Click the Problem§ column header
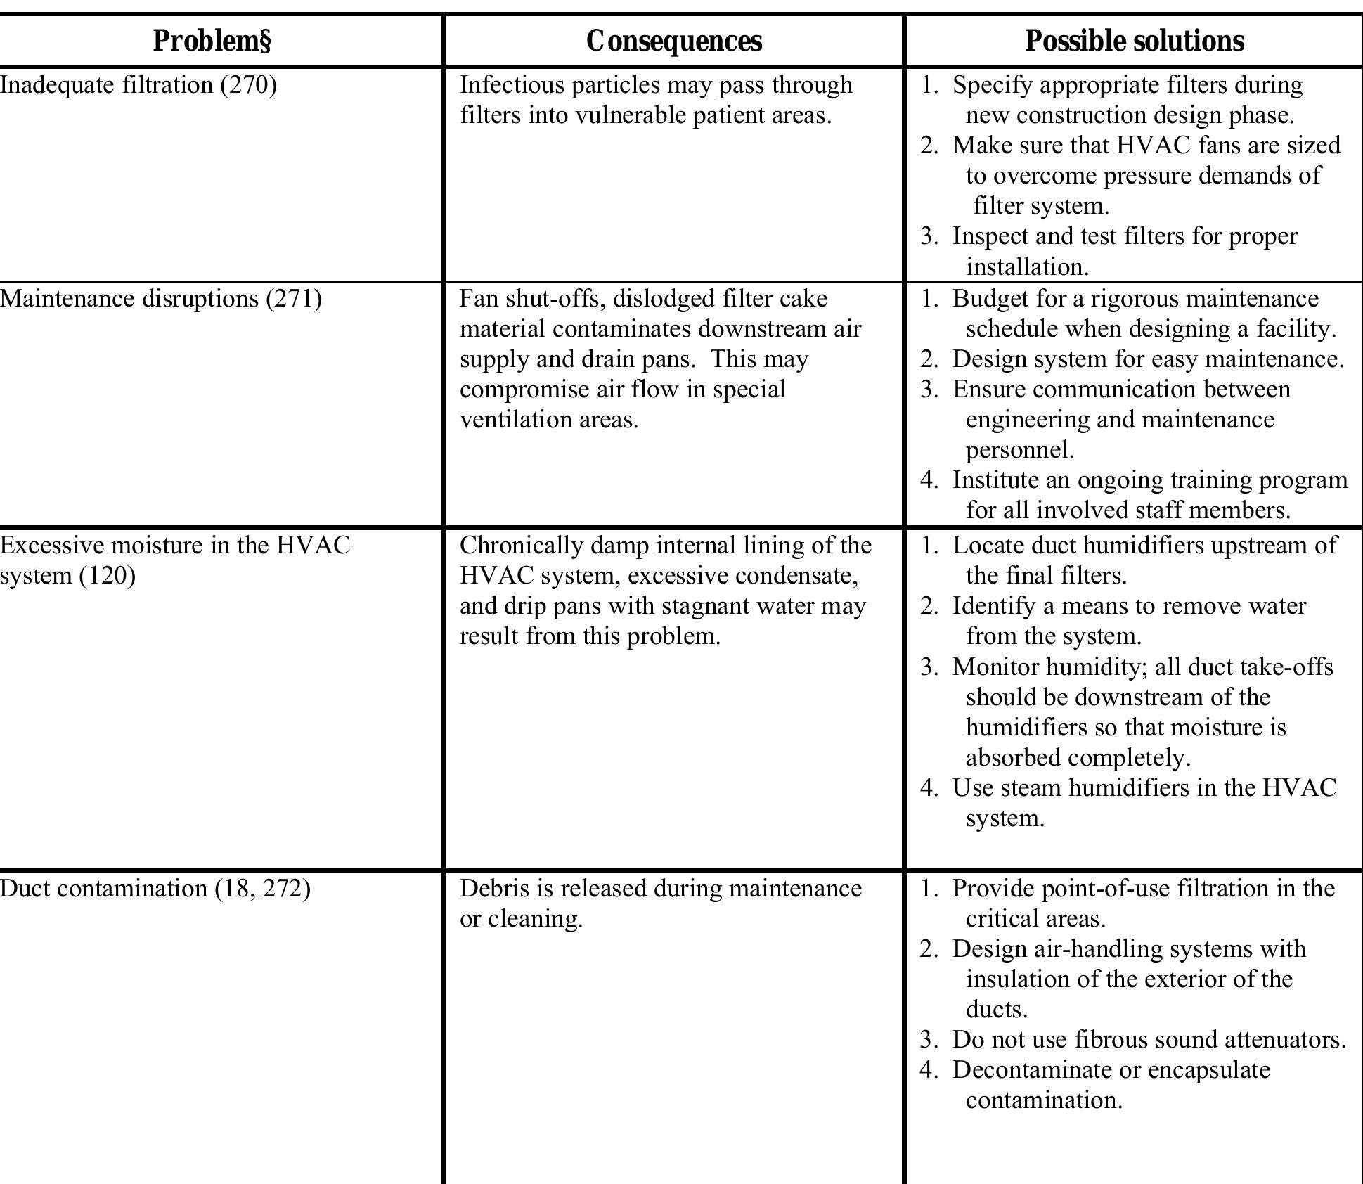pyautogui.click(x=212, y=41)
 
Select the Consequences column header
pyautogui.click(x=673, y=41)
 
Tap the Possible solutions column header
pyautogui.click(x=1134, y=41)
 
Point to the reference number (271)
pyautogui.click(x=293, y=299)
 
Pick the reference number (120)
pyautogui.click(x=107, y=576)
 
